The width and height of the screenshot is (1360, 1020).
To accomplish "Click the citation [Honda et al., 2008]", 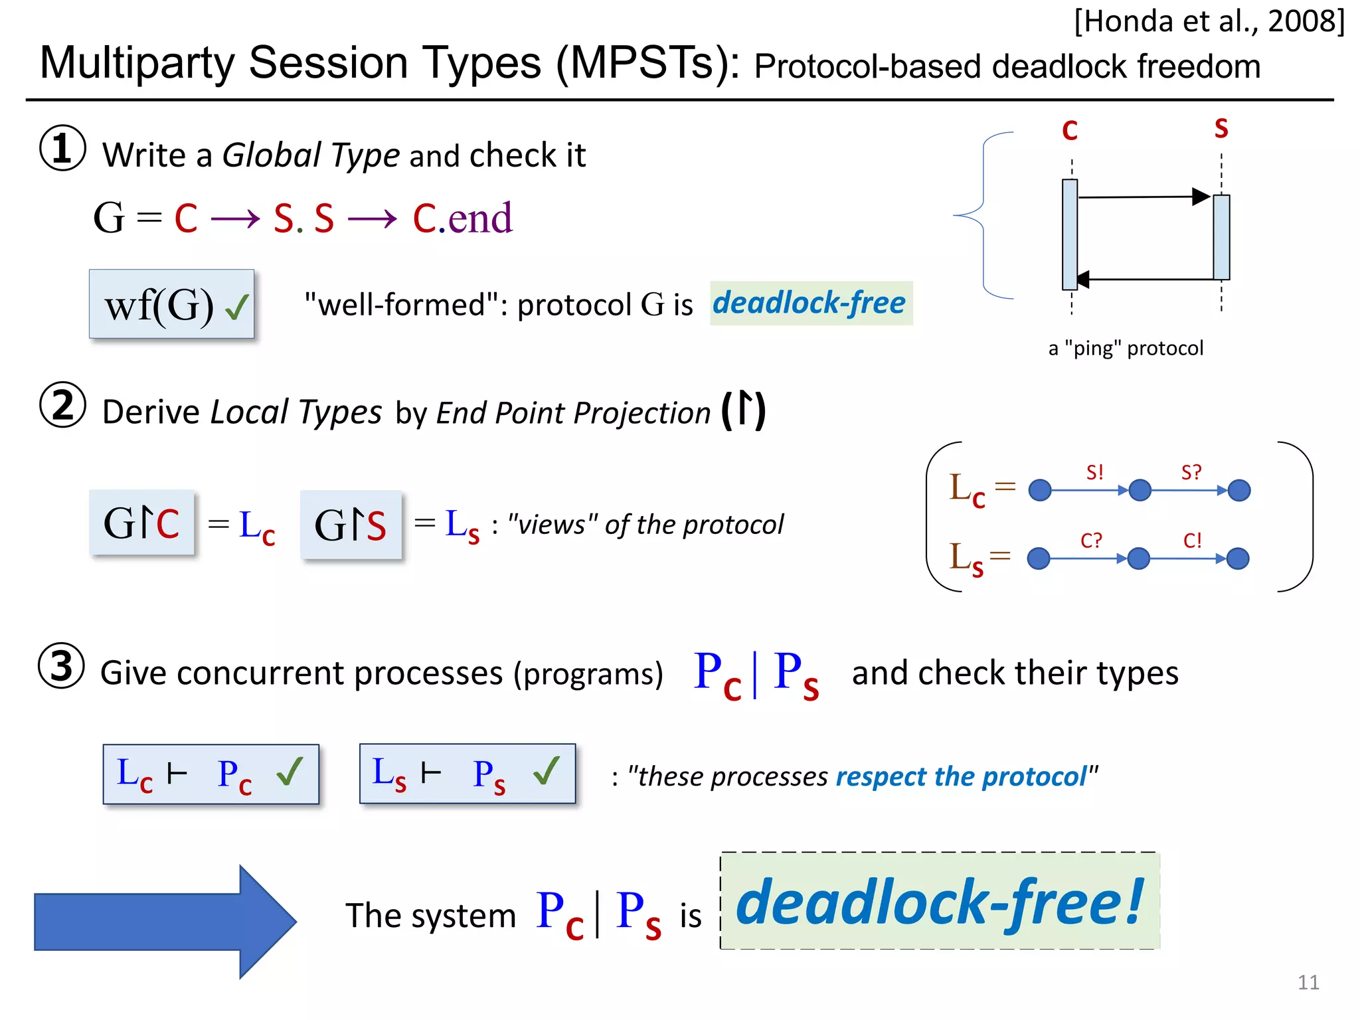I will pyautogui.click(x=1209, y=21).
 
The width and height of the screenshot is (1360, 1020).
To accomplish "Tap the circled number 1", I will pyautogui.click(x=62, y=148).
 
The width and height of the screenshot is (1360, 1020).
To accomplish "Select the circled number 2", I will pyautogui.click(x=62, y=405).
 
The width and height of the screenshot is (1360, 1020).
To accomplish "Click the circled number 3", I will pyautogui.click(x=62, y=665).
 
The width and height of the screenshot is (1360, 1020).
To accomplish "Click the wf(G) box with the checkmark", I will pyautogui.click(x=172, y=304).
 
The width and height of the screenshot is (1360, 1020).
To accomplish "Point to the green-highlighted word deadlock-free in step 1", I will pyautogui.click(x=810, y=303).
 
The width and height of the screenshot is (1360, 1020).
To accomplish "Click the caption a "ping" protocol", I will pyautogui.click(x=1125, y=348).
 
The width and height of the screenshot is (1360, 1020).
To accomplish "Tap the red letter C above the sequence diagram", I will pyautogui.click(x=1069, y=130).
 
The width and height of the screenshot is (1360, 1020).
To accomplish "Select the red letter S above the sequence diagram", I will pyautogui.click(x=1221, y=128).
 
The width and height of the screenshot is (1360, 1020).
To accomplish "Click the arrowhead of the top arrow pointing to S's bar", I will pyautogui.click(x=1201, y=197).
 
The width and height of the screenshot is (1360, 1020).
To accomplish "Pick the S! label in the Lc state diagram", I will pyautogui.click(x=1094, y=472).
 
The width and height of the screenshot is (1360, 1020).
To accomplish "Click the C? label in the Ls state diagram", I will pyautogui.click(x=1090, y=541).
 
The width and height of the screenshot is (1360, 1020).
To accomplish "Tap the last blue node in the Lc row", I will pyautogui.click(x=1239, y=491).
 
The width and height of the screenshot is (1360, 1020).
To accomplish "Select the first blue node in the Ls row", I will pyautogui.click(x=1039, y=558).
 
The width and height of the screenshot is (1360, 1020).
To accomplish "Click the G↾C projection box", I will pyautogui.click(x=142, y=523).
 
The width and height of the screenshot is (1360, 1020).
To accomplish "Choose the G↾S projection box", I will pyautogui.click(x=351, y=525).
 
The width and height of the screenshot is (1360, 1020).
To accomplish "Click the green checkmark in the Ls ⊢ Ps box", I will pyautogui.click(x=547, y=772).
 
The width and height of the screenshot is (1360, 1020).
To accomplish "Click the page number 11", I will pyautogui.click(x=1308, y=982).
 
